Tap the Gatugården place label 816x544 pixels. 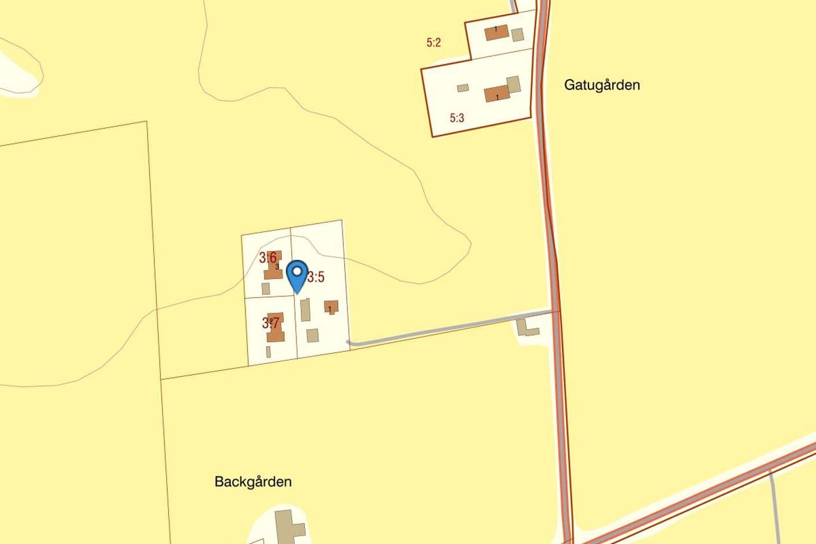[602, 85]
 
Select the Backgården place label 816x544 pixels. [253, 481]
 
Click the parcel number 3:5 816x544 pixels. [315, 277]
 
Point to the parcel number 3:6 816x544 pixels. [267, 258]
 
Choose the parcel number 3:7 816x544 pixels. [270, 322]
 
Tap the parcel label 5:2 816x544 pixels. [433, 42]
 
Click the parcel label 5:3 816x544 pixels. [457, 118]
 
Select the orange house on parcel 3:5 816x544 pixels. [331, 306]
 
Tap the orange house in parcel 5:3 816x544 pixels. [497, 94]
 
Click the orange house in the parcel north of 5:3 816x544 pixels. [497, 32]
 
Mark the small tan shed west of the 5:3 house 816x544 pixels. [462, 88]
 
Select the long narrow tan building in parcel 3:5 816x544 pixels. [305, 310]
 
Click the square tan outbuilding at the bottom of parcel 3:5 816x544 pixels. [313, 335]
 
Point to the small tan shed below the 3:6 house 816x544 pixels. [266, 288]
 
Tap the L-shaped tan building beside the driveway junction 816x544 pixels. [526, 328]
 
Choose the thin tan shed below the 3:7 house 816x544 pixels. [268, 351]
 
